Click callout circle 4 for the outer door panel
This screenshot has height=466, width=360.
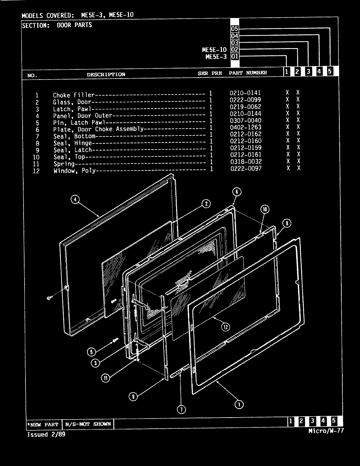coord(76,199)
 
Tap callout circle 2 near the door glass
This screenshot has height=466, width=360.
coord(206,204)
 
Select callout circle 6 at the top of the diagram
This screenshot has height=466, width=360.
coord(237,192)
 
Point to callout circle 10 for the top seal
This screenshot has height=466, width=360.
coord(265,209)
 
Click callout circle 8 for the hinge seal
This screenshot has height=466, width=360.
coord(286,224)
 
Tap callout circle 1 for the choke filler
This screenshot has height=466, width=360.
coord(239,404)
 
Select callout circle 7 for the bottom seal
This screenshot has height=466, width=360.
coord(181,409)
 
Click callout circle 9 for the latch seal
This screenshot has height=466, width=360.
coord(133,397)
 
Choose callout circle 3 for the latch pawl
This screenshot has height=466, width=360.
coord(95,363)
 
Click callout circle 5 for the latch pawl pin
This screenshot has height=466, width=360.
coord(91,352)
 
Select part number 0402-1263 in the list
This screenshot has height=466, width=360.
coord(245,127)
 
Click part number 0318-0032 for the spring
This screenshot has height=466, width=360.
coord(245,162)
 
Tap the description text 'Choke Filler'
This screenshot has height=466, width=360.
coord(74,95)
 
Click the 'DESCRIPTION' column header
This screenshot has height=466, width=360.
coord(106,74)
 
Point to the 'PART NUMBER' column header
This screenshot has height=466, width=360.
coord(248,73)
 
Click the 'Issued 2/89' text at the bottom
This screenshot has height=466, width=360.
coord(44,435)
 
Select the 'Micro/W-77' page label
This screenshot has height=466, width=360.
coord(326,431)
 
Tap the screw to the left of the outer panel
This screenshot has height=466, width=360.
coord(49,298)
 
